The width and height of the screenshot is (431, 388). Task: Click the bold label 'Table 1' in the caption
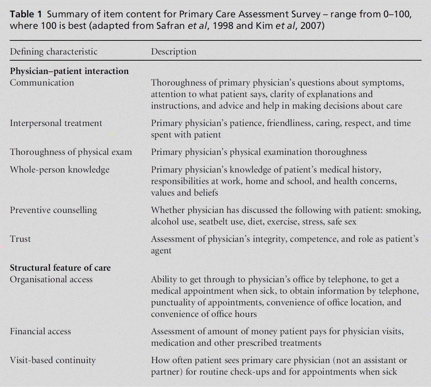tap(26, 14)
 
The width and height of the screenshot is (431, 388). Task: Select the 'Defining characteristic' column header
tap(53, 52)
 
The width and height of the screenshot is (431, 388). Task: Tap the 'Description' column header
tap(174, 52)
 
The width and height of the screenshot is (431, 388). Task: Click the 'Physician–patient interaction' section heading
tap(69, 71)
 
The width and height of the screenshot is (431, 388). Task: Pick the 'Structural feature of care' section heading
tap(60, 268)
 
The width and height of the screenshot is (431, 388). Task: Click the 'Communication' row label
tap(42, 83)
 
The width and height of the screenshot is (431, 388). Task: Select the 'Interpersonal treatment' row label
tap(56, 123)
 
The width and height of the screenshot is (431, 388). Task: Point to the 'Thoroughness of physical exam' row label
tap(71, 152)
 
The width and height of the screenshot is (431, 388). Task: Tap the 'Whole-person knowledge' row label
tap(60, 170)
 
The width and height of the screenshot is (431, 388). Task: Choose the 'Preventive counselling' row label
tap(53, 210)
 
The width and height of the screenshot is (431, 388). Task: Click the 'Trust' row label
tap(20, 239)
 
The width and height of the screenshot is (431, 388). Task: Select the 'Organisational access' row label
tap(51, 279)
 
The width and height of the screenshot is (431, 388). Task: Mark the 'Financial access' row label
tap(40, 331)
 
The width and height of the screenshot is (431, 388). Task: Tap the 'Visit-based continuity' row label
tap(53, 360)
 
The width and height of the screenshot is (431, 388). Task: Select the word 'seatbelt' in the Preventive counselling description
tap(214, 222)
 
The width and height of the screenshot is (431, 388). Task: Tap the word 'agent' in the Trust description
tap(161, 251)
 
